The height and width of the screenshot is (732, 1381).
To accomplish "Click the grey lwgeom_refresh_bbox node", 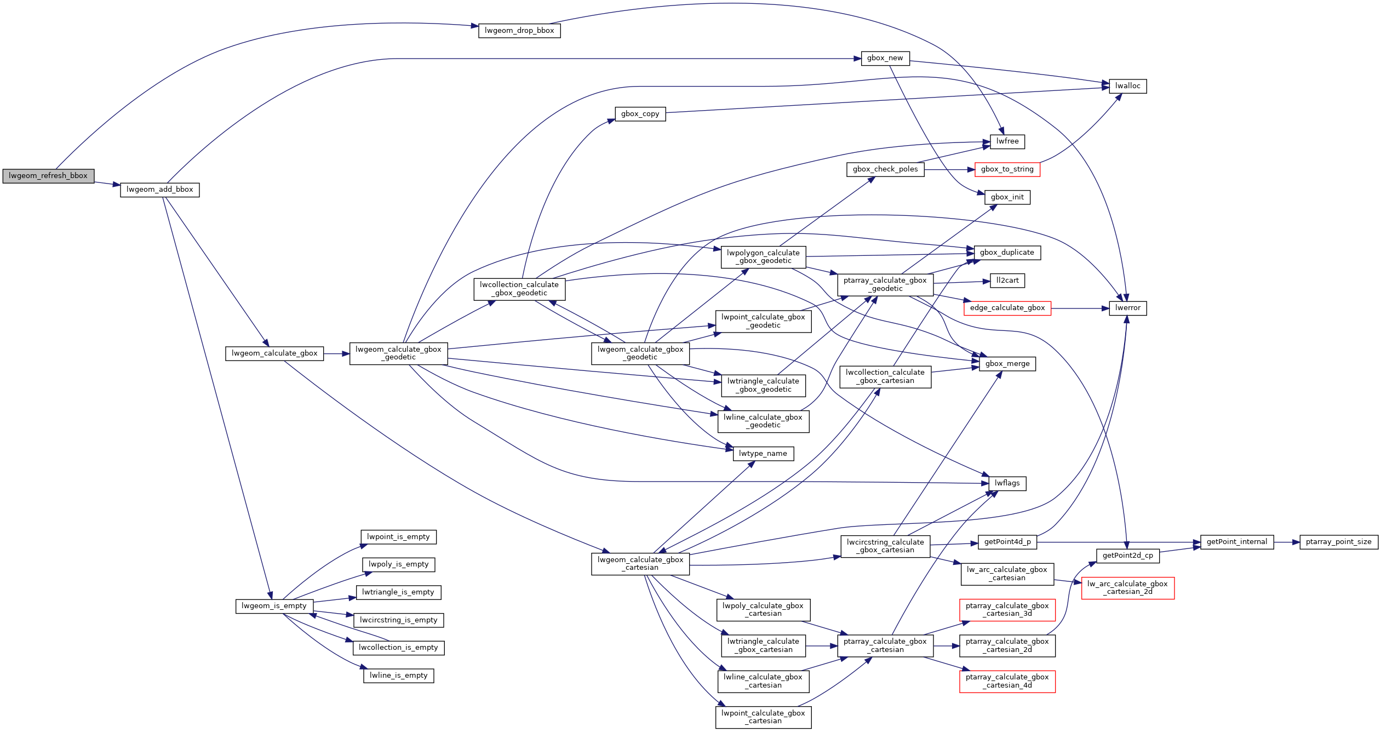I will click(48, 176).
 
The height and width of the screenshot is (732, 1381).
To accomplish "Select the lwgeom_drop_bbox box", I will click(519, 31).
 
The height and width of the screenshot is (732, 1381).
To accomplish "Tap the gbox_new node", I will click(885, 58).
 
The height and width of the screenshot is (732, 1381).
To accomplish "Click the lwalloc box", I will click(1127, 86).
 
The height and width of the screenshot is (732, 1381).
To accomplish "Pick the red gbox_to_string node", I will click(1007, 169).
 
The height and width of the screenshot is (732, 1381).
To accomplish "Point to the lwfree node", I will click(1007, 141).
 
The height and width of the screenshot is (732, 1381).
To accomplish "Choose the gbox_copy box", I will click(640, 114).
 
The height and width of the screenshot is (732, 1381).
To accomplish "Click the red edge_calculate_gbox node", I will click(1007, 308).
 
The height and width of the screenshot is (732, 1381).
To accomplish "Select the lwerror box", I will click(1127, 308).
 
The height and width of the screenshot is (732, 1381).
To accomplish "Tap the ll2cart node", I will click(1007, 281).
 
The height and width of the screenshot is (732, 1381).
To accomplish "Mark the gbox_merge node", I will click(1007, 364).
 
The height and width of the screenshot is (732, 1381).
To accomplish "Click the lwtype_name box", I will click(763, 454).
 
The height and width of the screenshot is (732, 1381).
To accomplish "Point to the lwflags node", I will click(1007, 483).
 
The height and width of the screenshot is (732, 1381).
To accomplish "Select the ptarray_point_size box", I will click(1338, 542).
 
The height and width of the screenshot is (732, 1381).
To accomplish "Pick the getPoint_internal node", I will click(1236, 542).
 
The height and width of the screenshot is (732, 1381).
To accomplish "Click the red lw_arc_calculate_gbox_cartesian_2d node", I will click(1127, 588).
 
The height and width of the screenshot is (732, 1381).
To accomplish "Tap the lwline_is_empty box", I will click(398, 676).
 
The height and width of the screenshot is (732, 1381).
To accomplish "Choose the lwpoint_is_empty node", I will click(398, 537).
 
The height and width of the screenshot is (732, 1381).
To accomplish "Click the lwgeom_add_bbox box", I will click(159, 190).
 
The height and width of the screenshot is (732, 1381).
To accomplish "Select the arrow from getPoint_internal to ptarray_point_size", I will click(1287, 542).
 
